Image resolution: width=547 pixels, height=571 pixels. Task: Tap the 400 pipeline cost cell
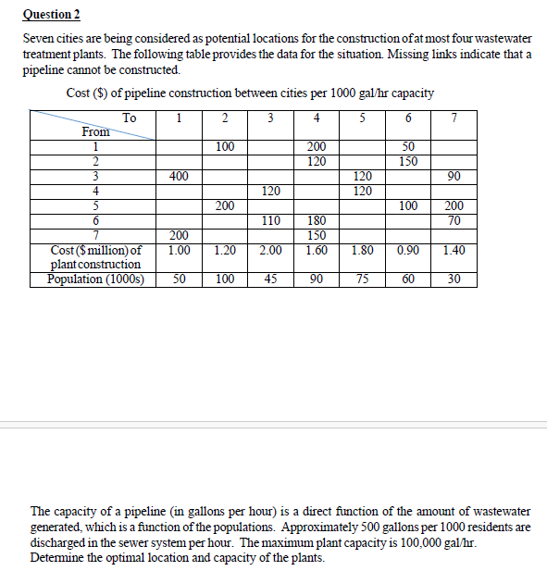(x=180, y=176)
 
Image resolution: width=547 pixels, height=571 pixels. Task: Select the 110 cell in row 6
(x=270, y=220)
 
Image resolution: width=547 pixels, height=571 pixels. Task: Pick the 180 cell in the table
(x=317, y=220)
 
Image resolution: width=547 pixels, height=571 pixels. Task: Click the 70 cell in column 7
(x=454, y=220)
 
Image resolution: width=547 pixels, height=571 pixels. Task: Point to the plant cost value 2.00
(x=270, y=250)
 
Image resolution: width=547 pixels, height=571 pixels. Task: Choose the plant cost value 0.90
(x=407, y=250)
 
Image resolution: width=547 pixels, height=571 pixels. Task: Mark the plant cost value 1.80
(x=362, y=250)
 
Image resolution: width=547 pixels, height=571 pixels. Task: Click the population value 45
(x=270, y=279)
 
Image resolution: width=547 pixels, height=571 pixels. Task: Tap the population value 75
(x=362, y=279)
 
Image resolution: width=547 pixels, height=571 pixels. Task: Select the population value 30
(x=454, y=279)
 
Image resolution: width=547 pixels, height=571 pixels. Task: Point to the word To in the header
(x=130, y=118)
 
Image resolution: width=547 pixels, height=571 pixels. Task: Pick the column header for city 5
(x=362, y=118)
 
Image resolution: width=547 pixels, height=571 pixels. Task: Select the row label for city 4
(x=94, y=191)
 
